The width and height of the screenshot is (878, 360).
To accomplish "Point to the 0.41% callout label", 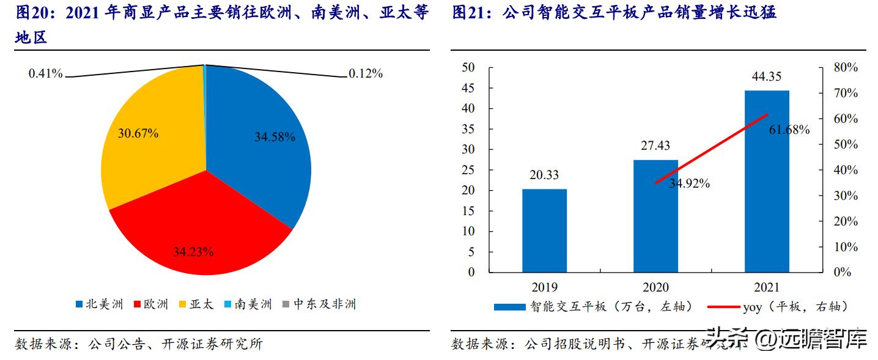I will (45, 73).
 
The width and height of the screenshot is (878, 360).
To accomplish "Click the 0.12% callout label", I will (366, 73).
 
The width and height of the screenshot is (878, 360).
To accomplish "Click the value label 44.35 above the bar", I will (767, 76).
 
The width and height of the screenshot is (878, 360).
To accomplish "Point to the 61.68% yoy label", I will (789, 130).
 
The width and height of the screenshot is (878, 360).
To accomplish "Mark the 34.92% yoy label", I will (689, 183).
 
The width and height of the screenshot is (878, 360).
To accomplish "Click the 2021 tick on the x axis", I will (767, 287).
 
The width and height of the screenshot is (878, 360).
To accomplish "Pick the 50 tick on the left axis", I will (468, 67).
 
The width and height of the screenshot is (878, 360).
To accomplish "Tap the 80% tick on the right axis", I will (846, 67).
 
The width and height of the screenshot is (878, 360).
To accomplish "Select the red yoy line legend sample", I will (722, 307).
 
